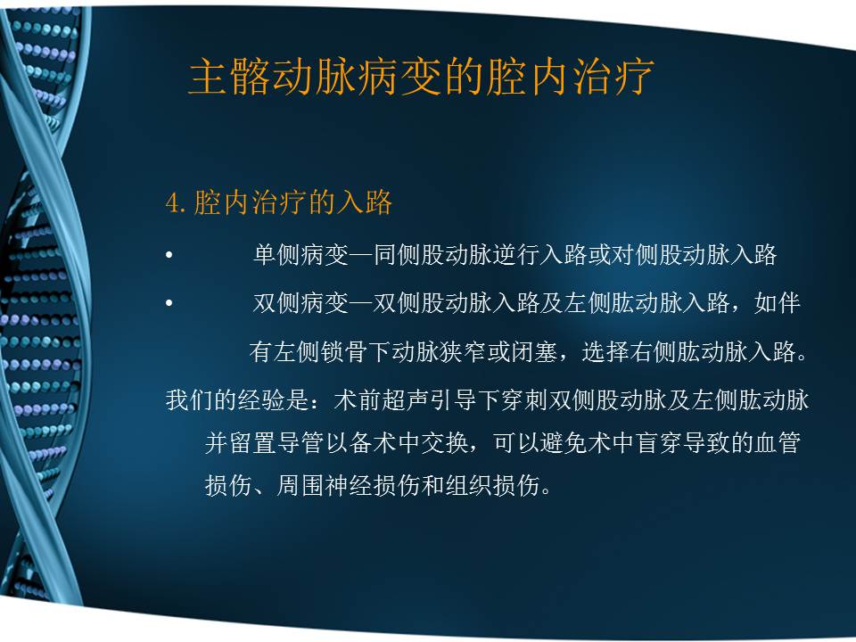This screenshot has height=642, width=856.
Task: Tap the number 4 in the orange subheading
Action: point(173,203)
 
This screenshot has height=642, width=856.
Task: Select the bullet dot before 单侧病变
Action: point(169,257)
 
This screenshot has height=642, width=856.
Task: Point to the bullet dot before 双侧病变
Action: point(169,305)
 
